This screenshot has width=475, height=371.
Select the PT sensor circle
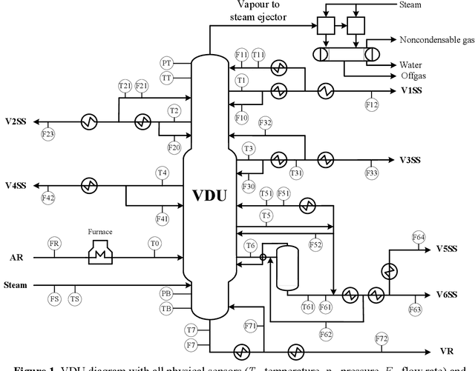click(167, 63)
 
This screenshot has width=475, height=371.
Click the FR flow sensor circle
click(53, 244)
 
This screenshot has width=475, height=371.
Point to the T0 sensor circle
click(154, 244)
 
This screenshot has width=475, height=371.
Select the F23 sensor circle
click(47, 134)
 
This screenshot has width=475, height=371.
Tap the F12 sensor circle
click(371, 105)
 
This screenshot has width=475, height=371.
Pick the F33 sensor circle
click(371, 172)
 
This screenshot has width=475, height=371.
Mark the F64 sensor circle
click(419, 237)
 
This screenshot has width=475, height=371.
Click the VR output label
click(446, 350)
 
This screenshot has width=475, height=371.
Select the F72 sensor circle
click(381, 338)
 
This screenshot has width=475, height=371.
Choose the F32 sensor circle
click(265, 122)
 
